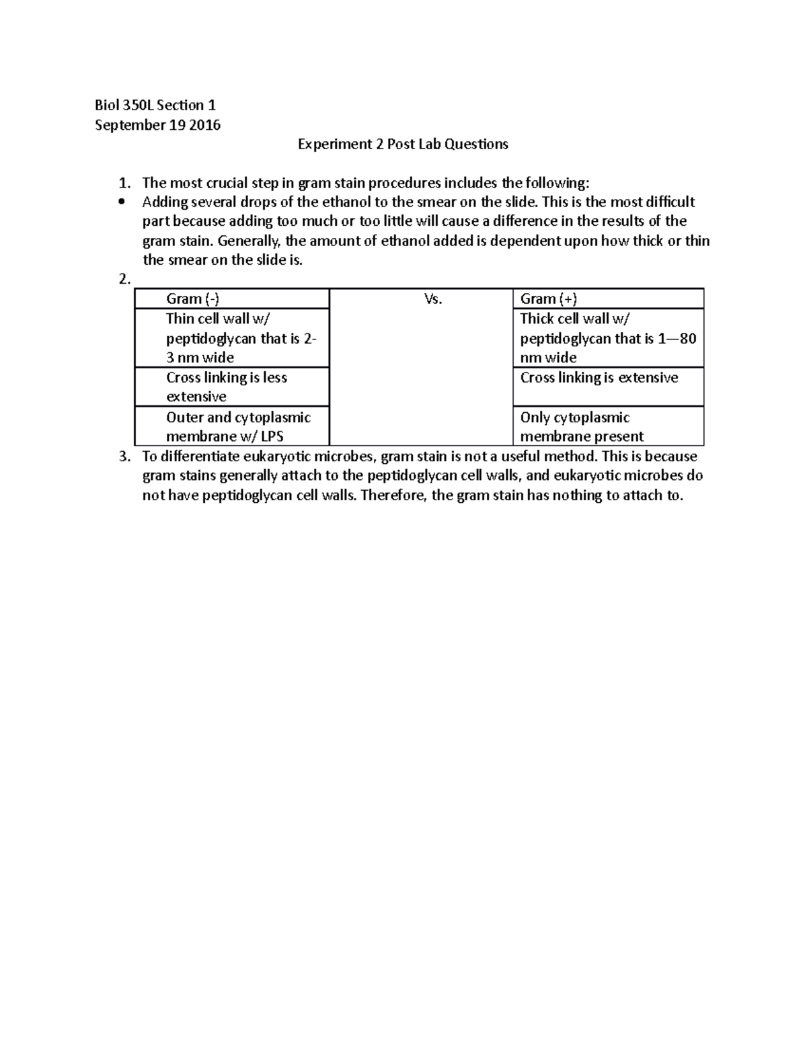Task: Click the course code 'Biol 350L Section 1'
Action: pos(155,105)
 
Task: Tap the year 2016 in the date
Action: pos(205,125)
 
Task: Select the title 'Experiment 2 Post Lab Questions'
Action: pos(403,144)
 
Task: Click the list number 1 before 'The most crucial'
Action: pos(122,183)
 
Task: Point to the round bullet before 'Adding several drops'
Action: pos(122,202)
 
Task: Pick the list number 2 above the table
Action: pos(123,280)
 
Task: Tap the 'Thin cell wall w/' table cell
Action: pos(232,338)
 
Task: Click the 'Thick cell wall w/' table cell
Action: pos(608,338)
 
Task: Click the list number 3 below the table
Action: pos(123,456)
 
